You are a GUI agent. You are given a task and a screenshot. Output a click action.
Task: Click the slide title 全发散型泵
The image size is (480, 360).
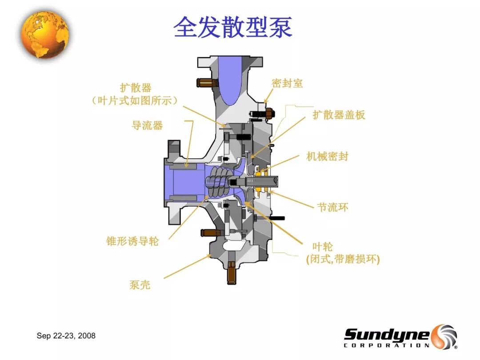coord(232,28)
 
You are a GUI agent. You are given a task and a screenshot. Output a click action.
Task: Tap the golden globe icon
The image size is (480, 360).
coord(45,34)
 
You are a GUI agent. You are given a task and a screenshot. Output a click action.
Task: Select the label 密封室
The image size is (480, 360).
coord(287,83)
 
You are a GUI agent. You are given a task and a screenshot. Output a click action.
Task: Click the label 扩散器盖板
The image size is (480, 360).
coord(339,115)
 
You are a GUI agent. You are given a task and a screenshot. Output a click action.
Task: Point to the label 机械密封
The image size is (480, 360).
coord(327,156)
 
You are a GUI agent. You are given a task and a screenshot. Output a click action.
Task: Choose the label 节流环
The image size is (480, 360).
coord(333,207)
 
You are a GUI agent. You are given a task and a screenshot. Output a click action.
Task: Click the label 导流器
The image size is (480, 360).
coord(147,125)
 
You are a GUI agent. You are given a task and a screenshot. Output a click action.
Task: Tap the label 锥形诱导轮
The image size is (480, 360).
coord(132,241)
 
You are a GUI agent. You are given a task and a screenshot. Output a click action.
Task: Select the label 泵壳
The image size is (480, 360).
coord(140,285)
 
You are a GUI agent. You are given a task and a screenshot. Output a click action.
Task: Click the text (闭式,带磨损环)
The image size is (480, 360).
coord(343,259)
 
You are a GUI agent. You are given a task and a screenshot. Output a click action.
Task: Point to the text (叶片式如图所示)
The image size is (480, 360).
coord(135,100)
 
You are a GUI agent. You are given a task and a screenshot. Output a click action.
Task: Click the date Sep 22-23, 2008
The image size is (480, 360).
coord(66,336)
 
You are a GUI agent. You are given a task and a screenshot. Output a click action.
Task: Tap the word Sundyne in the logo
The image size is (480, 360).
coord(387,334)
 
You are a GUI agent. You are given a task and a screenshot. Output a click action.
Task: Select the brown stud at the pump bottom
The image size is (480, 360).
coord(232,272)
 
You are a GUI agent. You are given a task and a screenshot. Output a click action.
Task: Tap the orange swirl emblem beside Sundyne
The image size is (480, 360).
coord(444,336)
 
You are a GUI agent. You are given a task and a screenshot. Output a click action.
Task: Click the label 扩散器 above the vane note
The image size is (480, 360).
coord(136,88)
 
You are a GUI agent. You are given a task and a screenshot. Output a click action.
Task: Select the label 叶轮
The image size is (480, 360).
coord(323,247)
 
